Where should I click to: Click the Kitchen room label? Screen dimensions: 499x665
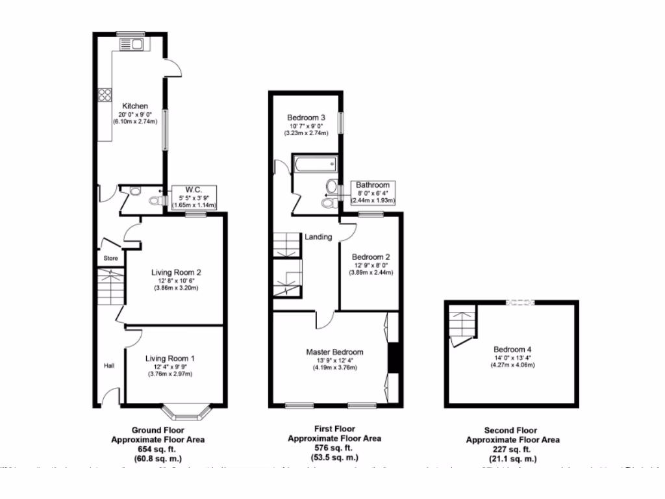(x=134, y=106)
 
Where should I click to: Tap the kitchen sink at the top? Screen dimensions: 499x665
(x=133, y=45)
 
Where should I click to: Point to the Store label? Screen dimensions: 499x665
(x=110, y=258)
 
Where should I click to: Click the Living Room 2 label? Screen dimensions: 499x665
(x=175, y=272)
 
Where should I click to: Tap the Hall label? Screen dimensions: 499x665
(x=109, y=366)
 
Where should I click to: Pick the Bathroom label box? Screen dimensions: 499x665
(x=373, y=193)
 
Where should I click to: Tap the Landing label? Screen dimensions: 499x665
(x=318, y=237)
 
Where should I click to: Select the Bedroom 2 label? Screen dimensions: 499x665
(x=371, y=257)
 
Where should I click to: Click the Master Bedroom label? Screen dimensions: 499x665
(x=334, y=352)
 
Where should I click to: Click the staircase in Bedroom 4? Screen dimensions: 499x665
(x=462, y=323)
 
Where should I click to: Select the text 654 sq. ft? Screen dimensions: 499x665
(x=158, y=449)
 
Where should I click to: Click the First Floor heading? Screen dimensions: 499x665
(x=334, y=429)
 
